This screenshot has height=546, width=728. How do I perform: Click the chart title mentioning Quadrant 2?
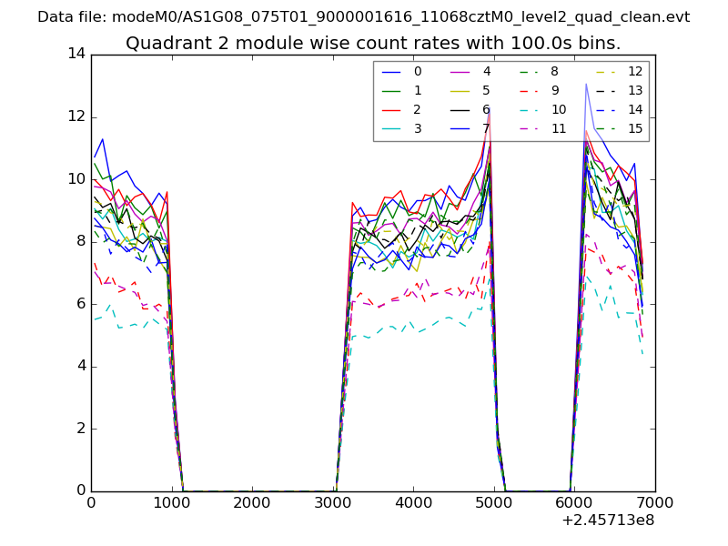click(x=373, y=43)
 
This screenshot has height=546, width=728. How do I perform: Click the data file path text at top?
click(x=363, y=17)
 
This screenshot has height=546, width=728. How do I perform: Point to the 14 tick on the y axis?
click(x=76, y=54)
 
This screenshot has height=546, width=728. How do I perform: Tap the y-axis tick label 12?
click(x=76, y=116)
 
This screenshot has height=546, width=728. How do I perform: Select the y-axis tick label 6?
click(x=81, y=304)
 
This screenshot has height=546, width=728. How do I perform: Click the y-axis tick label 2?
click(x=81, y=429)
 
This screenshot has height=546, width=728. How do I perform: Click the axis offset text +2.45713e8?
click(x=609, y=521)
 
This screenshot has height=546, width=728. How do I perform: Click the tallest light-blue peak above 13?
click(x=585, y=84)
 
